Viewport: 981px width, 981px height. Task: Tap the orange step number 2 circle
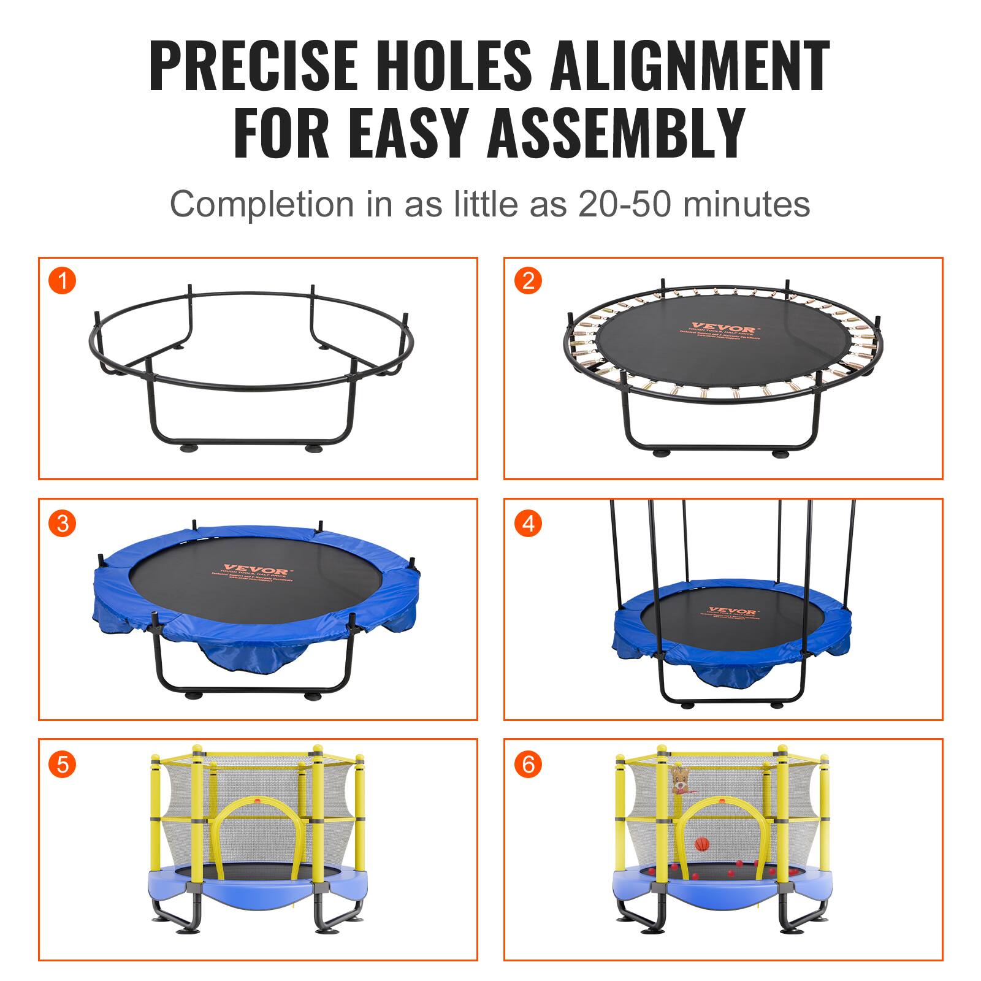pyautogui.click(x=528, y=281)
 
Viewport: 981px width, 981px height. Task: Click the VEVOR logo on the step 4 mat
pyautogui.click(x=723, y=611)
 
